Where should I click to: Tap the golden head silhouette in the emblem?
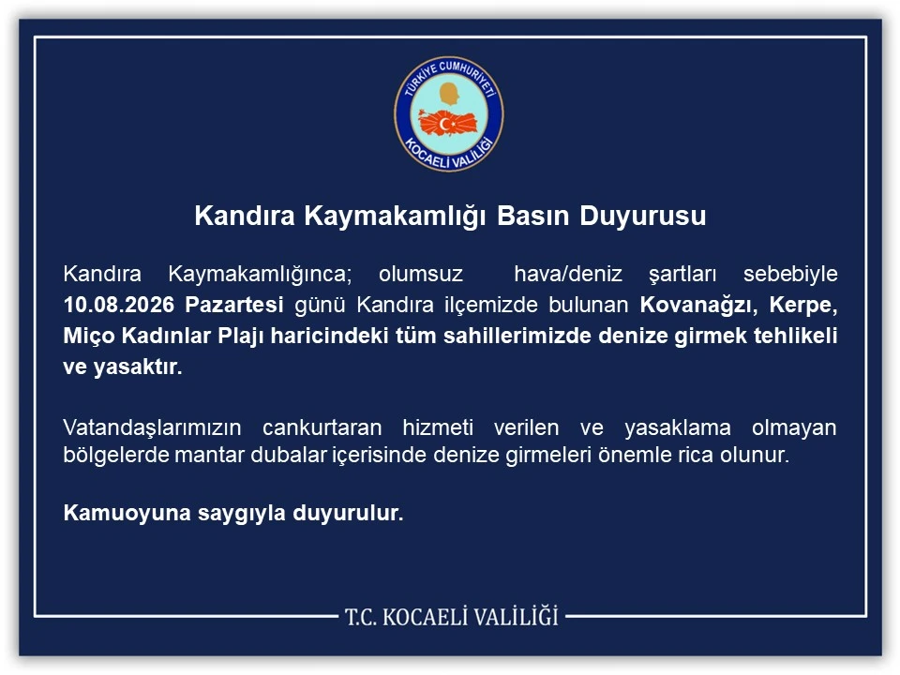[x=450, y=94]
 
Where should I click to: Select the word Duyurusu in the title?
[x=643, y=217]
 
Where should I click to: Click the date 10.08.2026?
[x=119, y=305]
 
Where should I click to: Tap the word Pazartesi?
[x=234, y=305]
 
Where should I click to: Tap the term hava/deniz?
[x=568, y=274]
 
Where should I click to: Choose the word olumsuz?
[x=421, y=274]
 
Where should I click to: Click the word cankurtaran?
[x=322, y=427]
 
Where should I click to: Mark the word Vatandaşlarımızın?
[x=152, y=427]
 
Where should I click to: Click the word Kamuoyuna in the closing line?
[x=127, y=513]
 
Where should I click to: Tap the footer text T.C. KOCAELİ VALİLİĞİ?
[x=451, y=617]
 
